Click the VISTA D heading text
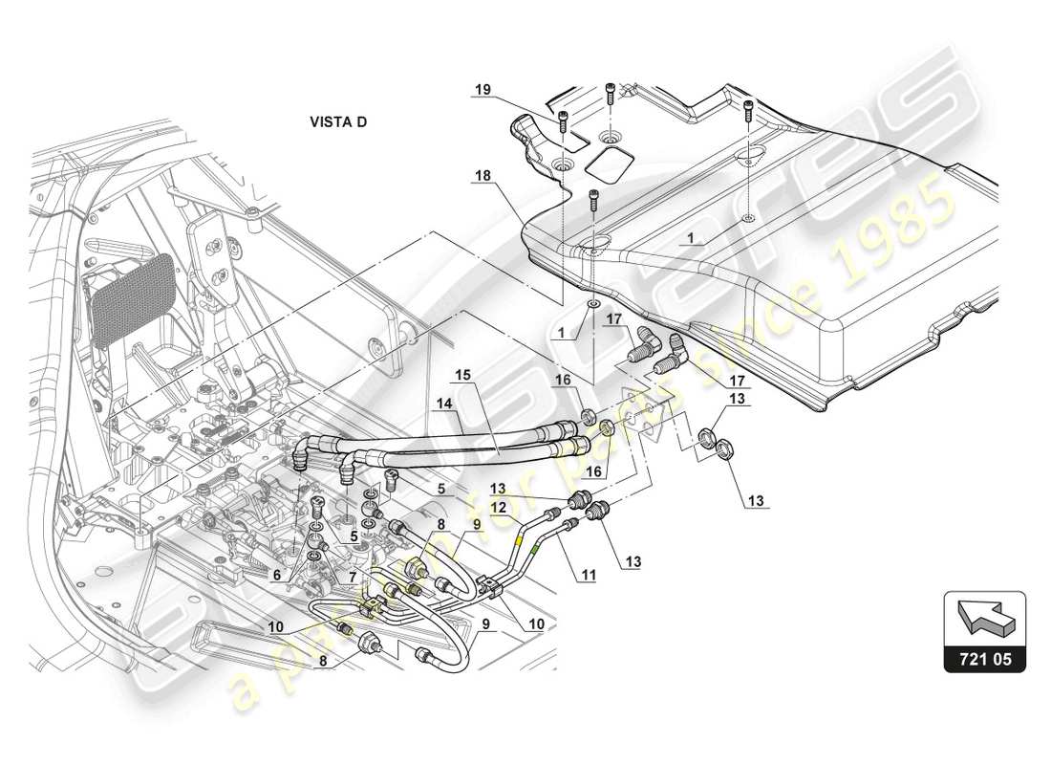[x=337, y=122]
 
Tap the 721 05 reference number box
[x=985, y=658]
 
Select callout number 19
[x=483, y=89]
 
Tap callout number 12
[x=498, y=507]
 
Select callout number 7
[x=352, y=577]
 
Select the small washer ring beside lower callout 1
[x=593, y=305]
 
